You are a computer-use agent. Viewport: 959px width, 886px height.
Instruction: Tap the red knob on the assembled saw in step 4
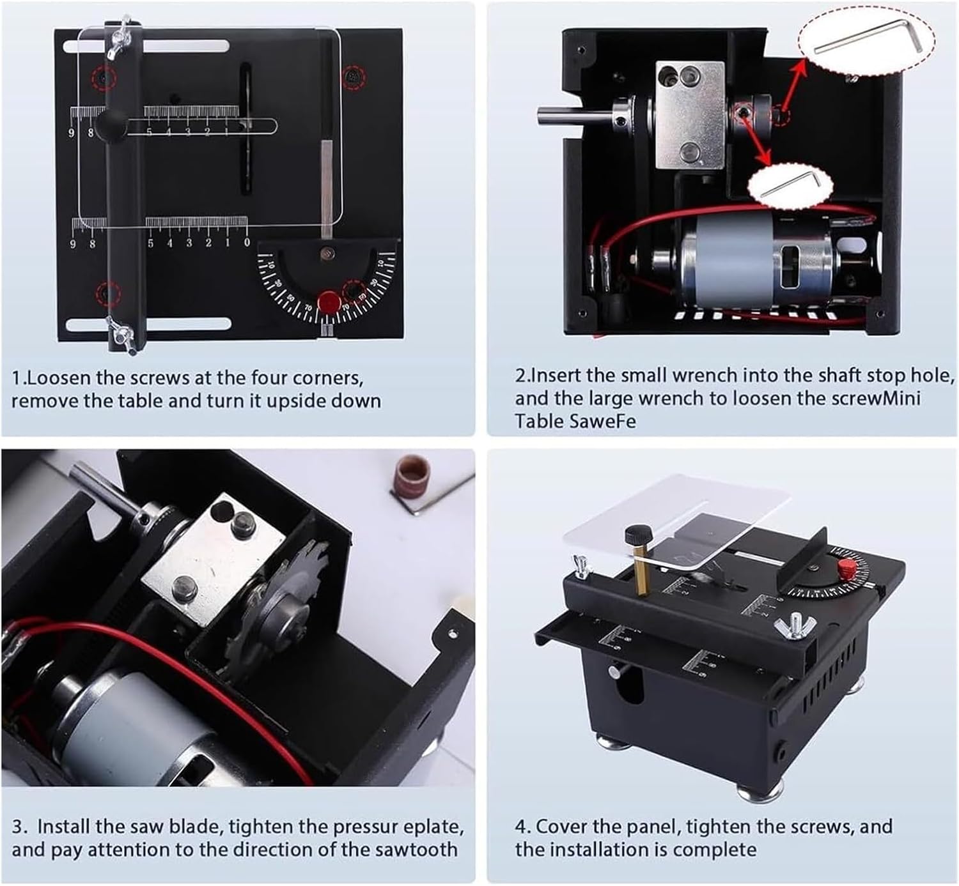845,566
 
